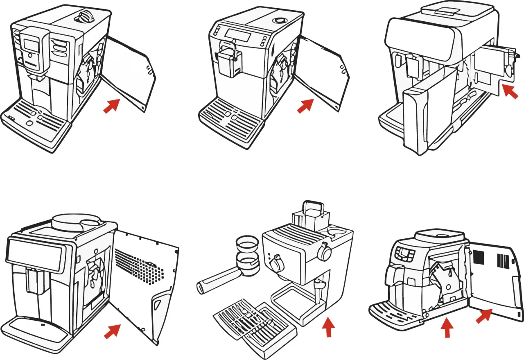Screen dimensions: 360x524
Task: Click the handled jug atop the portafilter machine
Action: tap(311, 216)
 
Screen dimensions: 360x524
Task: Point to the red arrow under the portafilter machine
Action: tap(327, 327)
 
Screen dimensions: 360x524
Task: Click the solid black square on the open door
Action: tap(479, 257)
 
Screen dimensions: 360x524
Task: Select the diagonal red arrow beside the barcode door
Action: tap(484, 316)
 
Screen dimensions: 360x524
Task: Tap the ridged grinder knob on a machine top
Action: tap(85, 16)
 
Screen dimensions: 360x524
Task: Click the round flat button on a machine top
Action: tap(280, 20)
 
